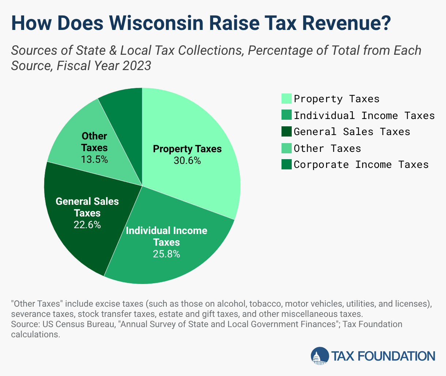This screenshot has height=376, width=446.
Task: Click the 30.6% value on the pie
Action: click(x=187, y=161)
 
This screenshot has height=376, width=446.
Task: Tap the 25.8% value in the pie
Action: click(x=166, y=254)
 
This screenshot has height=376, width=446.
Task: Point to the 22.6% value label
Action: click(x=87, y=225)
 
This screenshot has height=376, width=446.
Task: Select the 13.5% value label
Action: click(x=94, y=160)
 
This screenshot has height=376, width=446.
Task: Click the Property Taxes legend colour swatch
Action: click(x=287, y=99)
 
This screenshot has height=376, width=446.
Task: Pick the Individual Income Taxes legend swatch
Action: click(x=287, y=115)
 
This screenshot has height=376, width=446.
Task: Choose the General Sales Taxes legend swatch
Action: click(x=287, y=131)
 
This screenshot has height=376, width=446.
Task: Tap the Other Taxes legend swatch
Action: click(x=287, y=148)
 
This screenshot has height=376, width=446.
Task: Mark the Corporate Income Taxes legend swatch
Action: click(x=287, y=164)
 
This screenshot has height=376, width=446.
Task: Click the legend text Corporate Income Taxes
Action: click(x=361, y=165)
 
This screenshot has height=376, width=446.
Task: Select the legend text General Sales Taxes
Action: click(x=352, y=131)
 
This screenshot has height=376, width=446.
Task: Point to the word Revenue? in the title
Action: click(x=347, y=23)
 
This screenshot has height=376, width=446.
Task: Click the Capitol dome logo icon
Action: click(x=320, y=356)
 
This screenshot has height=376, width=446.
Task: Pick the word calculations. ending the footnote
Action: click(x=36, y=334)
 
